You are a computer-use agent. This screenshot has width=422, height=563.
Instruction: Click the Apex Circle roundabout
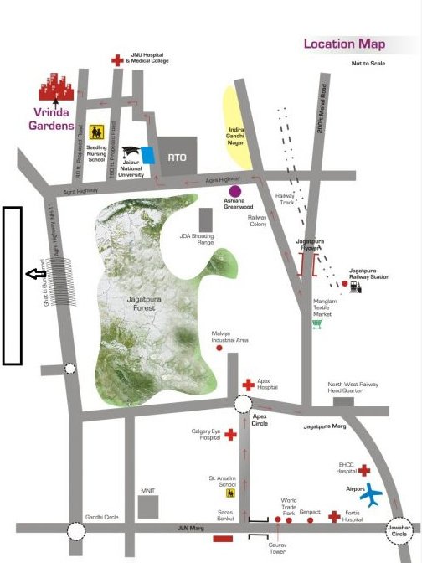coord(244,405)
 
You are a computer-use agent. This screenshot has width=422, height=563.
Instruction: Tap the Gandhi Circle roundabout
coord(76,531)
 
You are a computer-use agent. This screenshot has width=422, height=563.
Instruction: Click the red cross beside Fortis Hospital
coord(334,517)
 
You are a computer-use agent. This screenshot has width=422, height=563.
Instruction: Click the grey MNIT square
coord(148,506)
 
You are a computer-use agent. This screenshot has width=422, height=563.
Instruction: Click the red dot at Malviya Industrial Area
coord(219,348)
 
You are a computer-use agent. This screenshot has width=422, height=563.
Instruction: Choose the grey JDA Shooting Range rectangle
coord(205,220)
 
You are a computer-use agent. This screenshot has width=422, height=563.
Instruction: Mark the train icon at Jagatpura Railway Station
coord(355,286)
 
